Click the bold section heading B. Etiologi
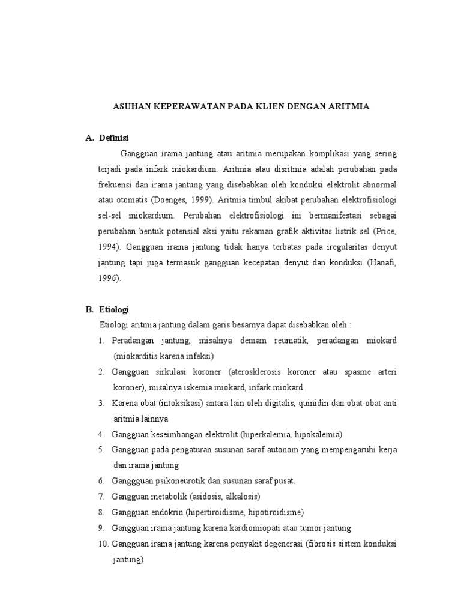(x=107, y=309)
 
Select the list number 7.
(x=101, y=497)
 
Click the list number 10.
(x=103, y=544)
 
